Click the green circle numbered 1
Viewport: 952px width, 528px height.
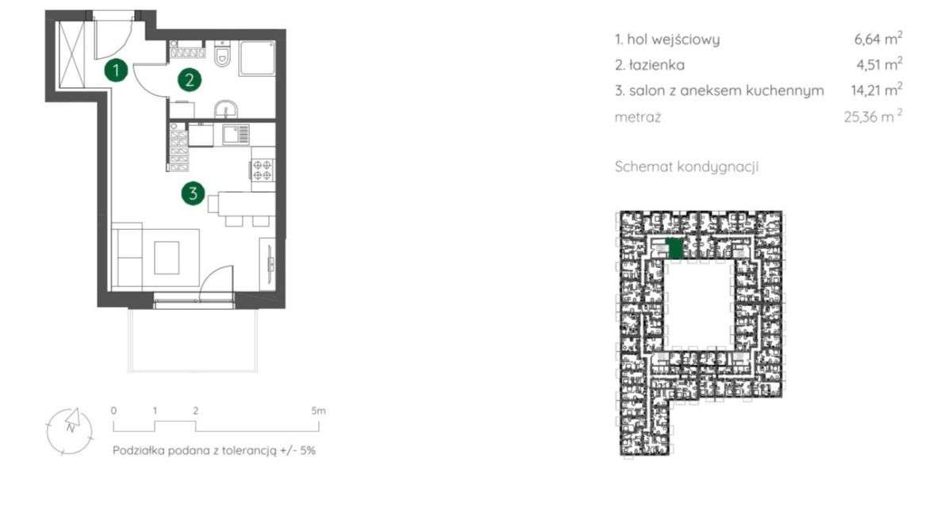pos(116,70)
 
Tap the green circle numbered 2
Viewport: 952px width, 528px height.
pos(190,80)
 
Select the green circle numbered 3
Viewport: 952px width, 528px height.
pos(193,193)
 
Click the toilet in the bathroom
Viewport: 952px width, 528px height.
pos(222,54)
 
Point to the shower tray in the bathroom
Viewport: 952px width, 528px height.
pos(257,58)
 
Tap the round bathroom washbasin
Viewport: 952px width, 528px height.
pos(225,109)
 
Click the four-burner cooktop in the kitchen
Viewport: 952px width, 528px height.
pos(263,170)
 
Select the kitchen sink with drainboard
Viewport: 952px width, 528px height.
pos(236,134)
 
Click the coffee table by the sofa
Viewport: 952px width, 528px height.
pos(167,258)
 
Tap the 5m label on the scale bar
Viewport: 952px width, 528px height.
pos(318,411)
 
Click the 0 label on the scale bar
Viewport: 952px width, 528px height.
pos(113,411)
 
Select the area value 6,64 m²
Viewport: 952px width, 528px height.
pos(878,38)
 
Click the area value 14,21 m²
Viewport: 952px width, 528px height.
pos(877,90)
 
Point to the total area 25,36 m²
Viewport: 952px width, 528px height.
pos(873,116)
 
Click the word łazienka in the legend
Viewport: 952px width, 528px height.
pos(657,65)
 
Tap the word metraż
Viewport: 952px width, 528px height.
pos(638,117)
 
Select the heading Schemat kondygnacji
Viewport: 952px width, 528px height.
pos(686,166)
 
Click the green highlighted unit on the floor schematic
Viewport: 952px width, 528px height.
pos(674,248)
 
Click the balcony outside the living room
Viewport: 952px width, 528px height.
pos(193,340)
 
